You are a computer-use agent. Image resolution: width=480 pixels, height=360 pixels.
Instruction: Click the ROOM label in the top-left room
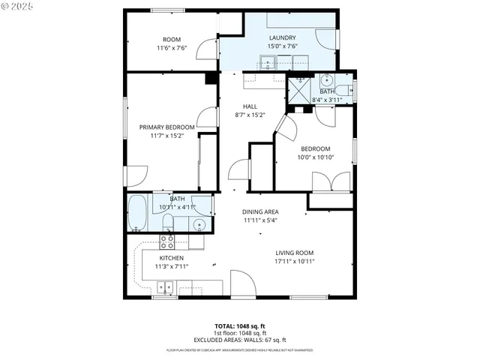tap(172, 40)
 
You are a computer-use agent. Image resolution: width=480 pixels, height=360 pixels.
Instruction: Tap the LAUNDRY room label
tap(282, 37)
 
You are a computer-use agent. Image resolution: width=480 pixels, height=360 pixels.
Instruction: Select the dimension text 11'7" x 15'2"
tap(167, 136)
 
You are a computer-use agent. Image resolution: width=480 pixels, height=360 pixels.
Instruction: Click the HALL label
tap(250, 106)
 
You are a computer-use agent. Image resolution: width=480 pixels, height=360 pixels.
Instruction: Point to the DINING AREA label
tap(260, 212)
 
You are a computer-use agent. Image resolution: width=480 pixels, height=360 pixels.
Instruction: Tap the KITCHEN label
tap(171, 258)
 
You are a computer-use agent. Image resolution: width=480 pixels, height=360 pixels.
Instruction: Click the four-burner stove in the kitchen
tap(167, 241)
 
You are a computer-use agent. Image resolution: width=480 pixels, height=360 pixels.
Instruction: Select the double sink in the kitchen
tap(166, 286)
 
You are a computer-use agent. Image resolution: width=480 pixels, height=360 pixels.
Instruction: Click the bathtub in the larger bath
tap(137, 214)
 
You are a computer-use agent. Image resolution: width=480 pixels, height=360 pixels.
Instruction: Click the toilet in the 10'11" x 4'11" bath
tap(169, 222)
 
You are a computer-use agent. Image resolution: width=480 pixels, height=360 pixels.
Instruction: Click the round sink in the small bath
tap(327, 80)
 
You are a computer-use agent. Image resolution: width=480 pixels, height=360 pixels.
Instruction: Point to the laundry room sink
tap(268, 62)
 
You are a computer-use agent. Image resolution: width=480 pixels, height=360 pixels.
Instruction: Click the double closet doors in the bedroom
tap(331, 182)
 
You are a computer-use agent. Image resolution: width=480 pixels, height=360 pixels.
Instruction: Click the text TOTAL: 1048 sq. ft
tap(239, 326)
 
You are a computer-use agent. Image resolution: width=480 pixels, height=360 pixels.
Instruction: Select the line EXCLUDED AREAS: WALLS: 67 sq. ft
tap(239, 340)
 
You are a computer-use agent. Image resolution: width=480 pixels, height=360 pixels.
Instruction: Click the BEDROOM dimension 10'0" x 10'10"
tap(315, 157)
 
